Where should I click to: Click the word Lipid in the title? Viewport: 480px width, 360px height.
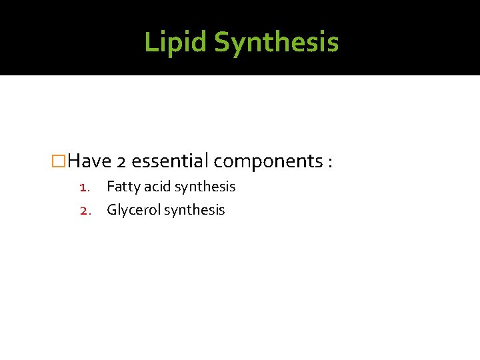[x=175, y=42]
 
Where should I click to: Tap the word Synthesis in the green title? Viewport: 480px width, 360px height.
[x=277, y=43]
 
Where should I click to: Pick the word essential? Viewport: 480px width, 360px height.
[x=171, y=161]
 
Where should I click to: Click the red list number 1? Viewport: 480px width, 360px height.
[x=85, y=187]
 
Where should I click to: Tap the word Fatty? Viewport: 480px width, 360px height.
[x=123, y=187]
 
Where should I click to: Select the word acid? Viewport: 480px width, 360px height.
[x=157, y=187]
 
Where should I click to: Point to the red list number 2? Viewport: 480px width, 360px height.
[x=85, y=211]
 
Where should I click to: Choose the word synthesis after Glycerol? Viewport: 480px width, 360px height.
[x=195, y=211]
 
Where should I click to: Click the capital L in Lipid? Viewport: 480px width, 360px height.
[x=150, y=42]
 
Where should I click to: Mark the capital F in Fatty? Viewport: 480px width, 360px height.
[x=110, y=187]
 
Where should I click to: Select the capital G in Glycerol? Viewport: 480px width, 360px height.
[x=112, y=210]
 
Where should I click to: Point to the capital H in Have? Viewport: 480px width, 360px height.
[x=75, y=161]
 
